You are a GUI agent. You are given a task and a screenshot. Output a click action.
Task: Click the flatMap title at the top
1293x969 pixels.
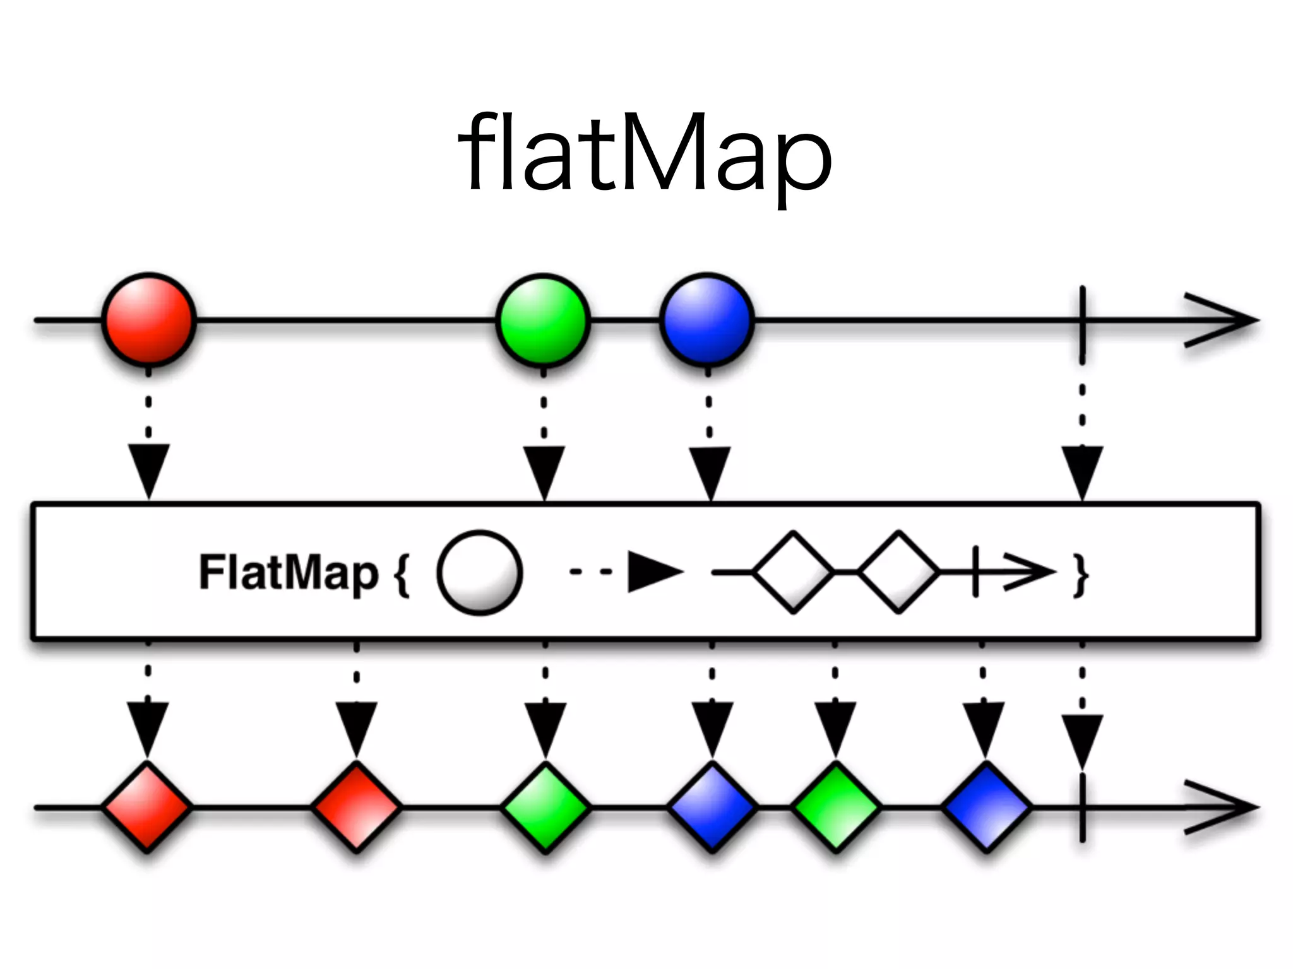(645, 155)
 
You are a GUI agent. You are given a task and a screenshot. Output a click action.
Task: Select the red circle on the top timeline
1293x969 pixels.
(149, 320)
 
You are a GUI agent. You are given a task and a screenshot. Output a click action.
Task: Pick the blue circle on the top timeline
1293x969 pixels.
(707, 320)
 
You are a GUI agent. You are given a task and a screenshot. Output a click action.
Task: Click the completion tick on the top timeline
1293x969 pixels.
(1082, 320)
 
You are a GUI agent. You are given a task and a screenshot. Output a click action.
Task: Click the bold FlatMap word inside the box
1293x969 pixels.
(289, 572)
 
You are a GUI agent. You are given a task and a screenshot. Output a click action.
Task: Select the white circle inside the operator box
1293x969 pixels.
(479, 572)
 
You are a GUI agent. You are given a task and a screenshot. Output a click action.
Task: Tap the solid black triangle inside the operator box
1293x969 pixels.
(653, 572)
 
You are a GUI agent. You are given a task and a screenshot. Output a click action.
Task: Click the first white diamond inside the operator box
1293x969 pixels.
(793, 572)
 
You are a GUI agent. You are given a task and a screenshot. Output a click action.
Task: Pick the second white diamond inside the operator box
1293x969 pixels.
(898, 572)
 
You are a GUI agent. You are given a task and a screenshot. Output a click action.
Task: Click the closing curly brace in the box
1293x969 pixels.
(1081, 575)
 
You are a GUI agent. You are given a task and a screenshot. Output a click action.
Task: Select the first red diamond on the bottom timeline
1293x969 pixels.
(147, 807)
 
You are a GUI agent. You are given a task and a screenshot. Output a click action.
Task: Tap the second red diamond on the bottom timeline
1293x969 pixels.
(356, 807)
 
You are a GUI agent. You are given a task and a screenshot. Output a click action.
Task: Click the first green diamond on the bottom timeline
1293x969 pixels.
(545, 807)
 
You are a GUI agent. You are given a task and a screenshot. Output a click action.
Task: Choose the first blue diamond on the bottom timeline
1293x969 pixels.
(712, 807)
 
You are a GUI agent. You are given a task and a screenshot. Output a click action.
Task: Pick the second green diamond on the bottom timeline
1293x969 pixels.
(835, 807)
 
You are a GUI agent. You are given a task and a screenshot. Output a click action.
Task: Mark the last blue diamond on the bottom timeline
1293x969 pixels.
(986, 807)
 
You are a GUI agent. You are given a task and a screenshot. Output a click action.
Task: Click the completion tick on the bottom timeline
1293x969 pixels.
(1082, 807)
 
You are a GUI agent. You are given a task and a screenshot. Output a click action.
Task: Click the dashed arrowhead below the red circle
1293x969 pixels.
(148, 470)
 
